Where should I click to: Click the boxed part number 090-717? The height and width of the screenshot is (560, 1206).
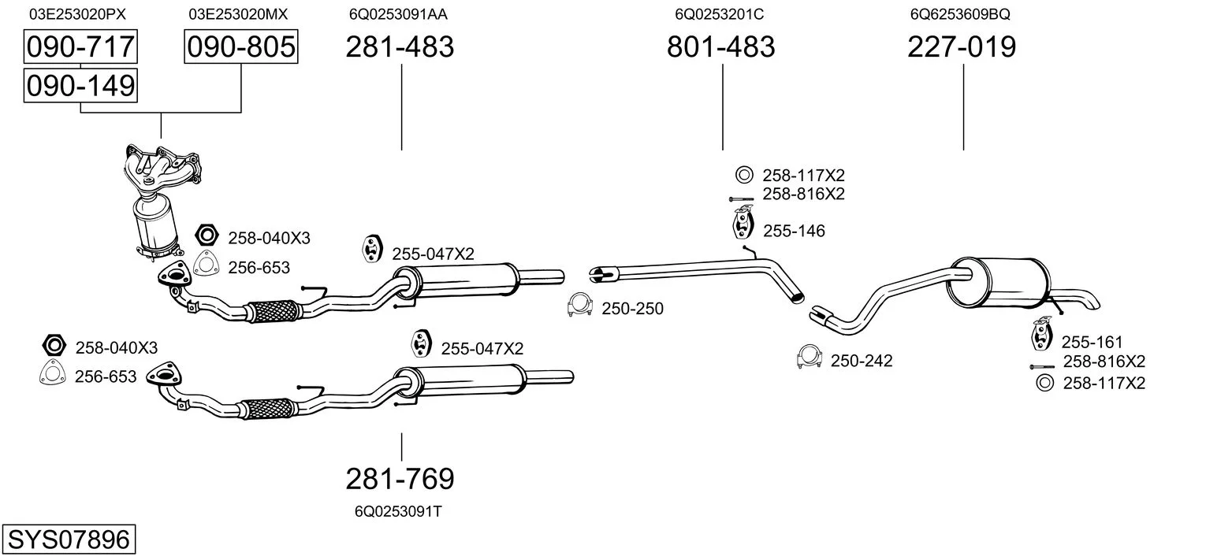pos(80,47)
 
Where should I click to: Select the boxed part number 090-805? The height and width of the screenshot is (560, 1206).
pos(240,47)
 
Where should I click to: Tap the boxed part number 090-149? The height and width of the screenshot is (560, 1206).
pos(80,86)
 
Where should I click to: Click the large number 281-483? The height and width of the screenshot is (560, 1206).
pos(400,47)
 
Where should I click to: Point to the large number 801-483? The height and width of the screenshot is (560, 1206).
pos(720,47)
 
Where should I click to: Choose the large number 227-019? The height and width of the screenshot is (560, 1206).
pos(962,47)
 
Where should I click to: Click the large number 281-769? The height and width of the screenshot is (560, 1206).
pos(400,478)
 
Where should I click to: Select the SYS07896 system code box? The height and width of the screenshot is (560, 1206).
pos(68,540)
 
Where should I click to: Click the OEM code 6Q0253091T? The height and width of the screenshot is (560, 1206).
pos(398,511)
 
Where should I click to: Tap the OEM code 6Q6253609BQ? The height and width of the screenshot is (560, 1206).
pos(959,14)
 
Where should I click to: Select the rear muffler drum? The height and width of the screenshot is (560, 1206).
pos(999,282)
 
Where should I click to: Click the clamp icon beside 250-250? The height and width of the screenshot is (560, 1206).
pos(579,306)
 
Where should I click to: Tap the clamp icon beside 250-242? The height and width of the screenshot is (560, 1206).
pos(810,358)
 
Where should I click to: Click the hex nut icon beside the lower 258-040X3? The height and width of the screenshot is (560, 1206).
pos(53,346)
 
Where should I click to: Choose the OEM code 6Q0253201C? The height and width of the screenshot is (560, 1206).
pos(719,14)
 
